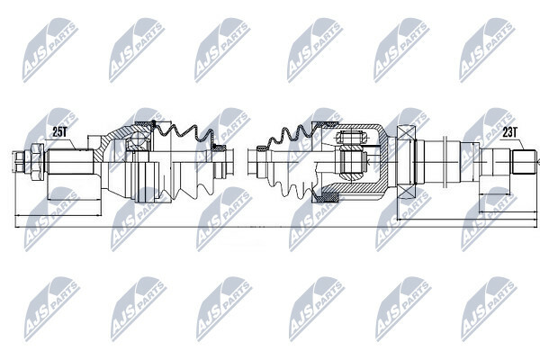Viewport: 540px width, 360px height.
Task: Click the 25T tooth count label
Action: click(x=59, y=132)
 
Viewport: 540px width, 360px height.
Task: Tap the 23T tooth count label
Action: click(x=509, y=132)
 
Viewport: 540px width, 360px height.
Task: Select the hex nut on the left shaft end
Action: click(x=37, y=162)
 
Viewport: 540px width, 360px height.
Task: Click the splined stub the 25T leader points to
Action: click(x=70, y=162)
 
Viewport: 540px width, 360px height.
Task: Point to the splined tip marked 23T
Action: click(x=524, y=162)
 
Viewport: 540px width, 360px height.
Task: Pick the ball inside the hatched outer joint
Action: click(x=137, y=139)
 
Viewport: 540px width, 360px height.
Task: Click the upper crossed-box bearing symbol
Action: click(x=407, y=131)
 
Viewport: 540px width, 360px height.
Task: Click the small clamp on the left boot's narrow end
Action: click(x=219, y=148)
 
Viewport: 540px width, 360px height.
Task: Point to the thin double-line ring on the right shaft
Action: click(x=445, y=162)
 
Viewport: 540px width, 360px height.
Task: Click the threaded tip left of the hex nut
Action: click(x=19, y=162)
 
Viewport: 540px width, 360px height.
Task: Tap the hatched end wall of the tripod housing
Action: click(x=384, y=162)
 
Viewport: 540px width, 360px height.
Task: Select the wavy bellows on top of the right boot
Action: click(x=290, y=137)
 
